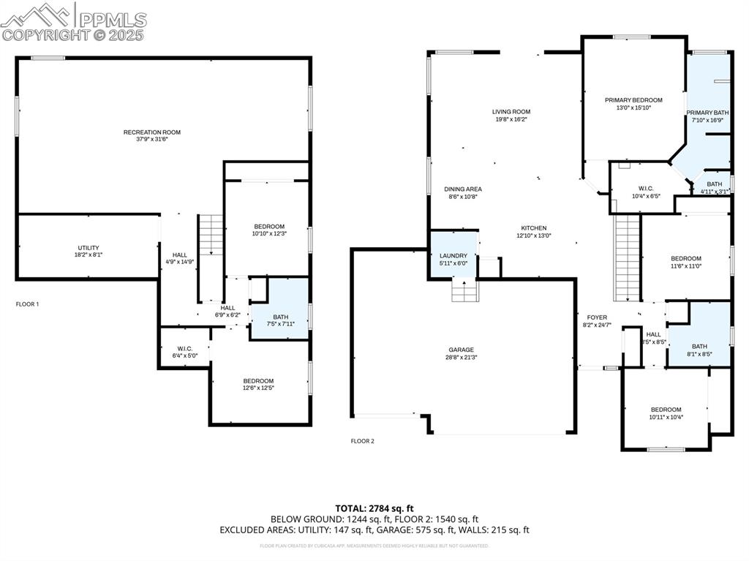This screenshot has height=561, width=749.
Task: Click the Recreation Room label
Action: (x=151, y=132)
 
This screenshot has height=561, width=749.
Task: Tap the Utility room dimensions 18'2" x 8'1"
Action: (x=89, y=255)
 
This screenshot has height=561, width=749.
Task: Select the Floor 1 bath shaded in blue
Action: (x=280, y=309)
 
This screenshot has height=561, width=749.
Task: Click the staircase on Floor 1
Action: (x=211, y=235)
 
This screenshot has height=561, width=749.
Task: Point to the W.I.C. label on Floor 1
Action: (x=184, y=348)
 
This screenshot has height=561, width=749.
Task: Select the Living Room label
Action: (x=511, y=112)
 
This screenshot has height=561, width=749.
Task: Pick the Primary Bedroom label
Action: (x=633, y=100)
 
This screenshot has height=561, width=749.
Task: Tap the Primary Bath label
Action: (x=707, y=113)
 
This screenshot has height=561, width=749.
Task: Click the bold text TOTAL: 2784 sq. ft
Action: (x=374, y=508)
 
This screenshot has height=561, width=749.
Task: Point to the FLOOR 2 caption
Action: (x=362, y=441)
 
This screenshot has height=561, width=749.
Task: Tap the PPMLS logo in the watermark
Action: (x=73, y=20)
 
